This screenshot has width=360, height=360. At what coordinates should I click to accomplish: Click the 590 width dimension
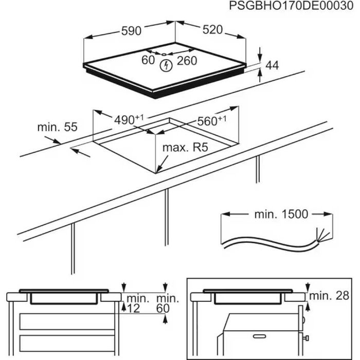point(131,31)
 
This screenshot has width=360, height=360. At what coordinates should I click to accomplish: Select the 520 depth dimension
point(212,30)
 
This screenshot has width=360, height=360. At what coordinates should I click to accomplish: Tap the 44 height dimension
point(272,65)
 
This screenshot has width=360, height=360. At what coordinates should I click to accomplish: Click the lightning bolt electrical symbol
point(166,66)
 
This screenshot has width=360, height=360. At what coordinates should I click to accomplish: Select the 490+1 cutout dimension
point(128,119)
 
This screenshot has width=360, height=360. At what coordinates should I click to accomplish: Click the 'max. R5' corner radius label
point(185,148)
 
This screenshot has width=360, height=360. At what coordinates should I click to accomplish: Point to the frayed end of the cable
point(322,237)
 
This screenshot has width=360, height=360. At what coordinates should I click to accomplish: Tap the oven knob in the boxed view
point(305,338)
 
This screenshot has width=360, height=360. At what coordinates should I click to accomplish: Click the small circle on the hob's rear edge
point(163,53)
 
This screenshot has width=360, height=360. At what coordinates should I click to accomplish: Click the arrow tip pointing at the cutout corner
point(159,170)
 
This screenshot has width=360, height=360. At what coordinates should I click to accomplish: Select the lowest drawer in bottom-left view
point(64,343)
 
